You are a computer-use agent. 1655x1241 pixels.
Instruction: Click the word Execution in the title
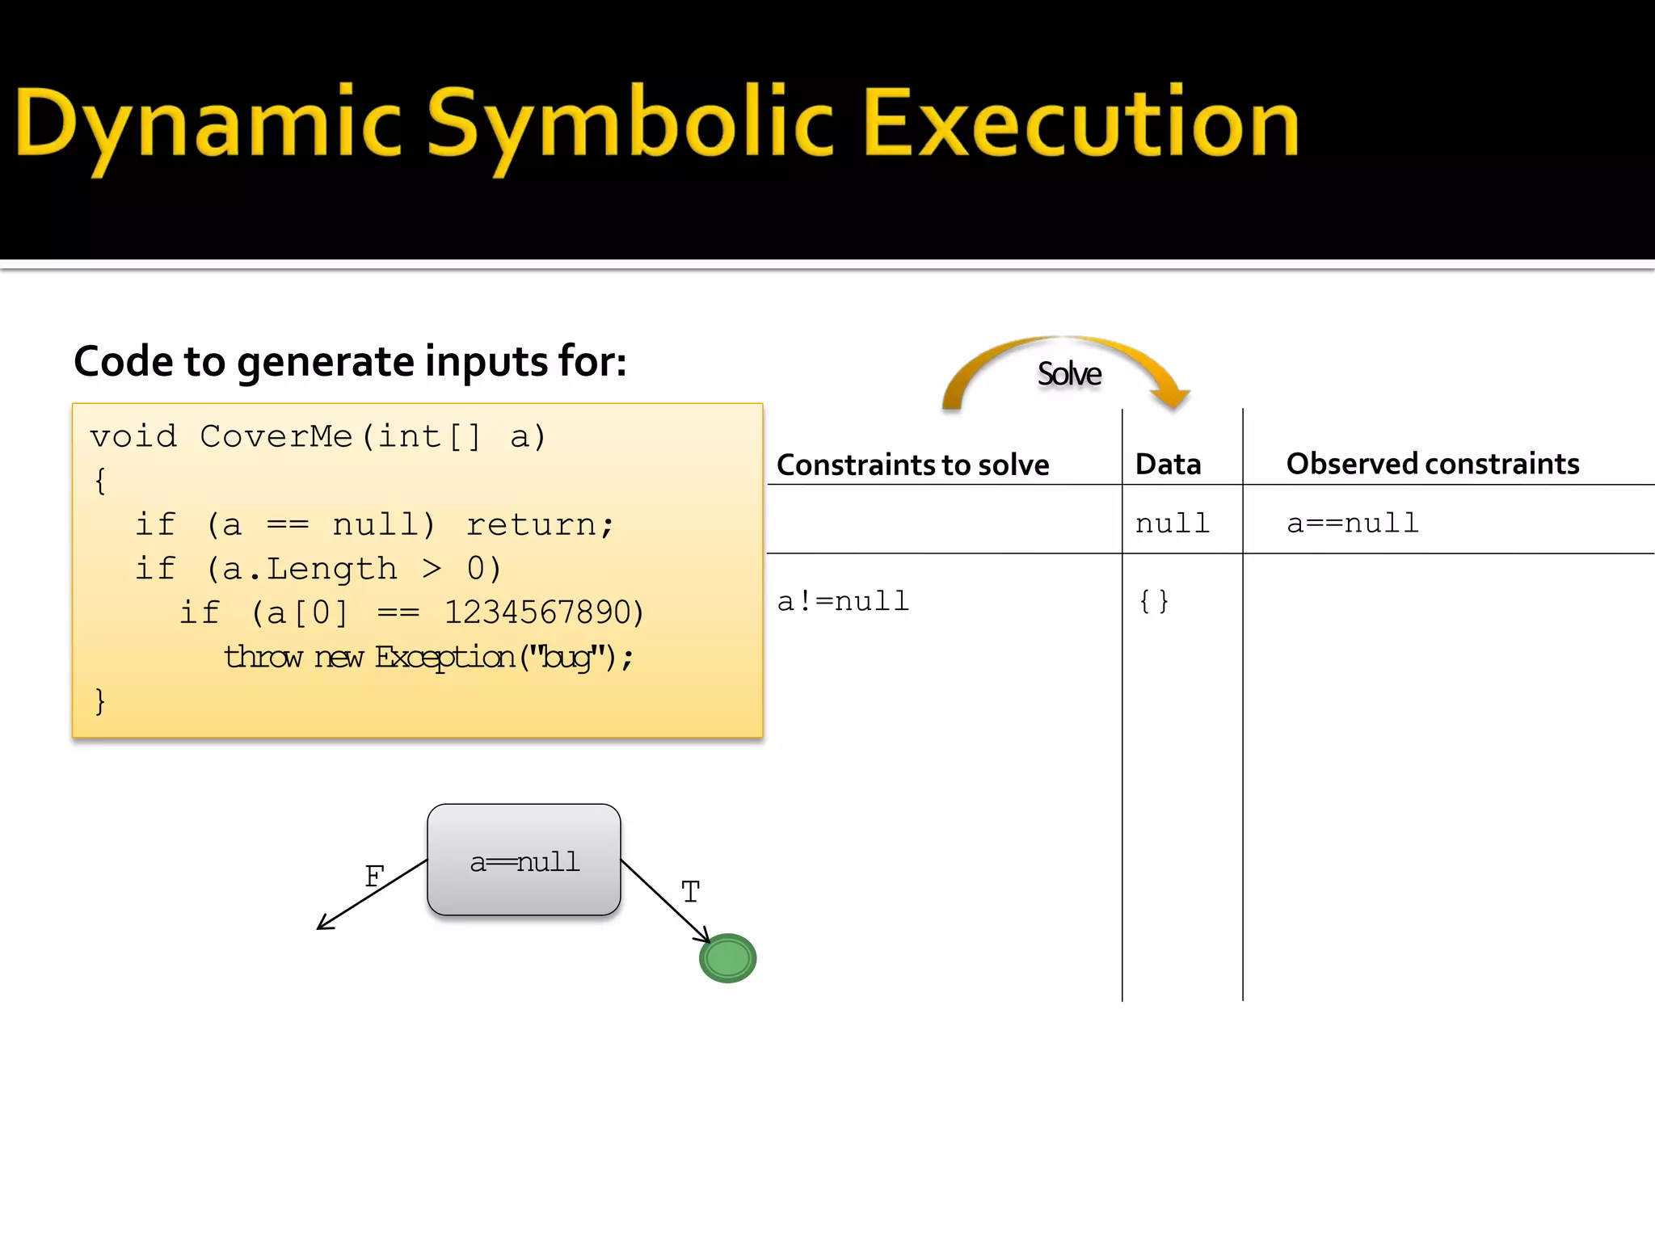(1080, 123)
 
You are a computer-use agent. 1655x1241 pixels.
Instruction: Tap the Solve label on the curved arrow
(1068, 374)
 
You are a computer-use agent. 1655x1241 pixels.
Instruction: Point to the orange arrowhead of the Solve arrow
(1170, 395)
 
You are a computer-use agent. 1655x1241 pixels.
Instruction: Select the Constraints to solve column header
(912, 465)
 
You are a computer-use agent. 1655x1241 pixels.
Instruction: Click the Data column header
(1168, 465)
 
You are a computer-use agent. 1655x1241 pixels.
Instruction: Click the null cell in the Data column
(1172, 524)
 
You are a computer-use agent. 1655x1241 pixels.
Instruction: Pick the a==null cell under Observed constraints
(1352, 523)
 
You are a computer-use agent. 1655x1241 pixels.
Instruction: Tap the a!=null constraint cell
(843, 601)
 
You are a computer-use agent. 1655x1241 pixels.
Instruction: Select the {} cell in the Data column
(1153, 600)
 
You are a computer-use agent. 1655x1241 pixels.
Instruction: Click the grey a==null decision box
(524, 860)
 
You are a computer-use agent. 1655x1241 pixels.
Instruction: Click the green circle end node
(727, 958)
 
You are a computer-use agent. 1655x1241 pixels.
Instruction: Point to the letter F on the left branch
(374, 877)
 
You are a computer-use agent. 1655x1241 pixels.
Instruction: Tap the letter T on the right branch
(689, 892)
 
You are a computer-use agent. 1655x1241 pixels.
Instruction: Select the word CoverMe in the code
(276, 436)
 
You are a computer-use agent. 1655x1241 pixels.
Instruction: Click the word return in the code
(532, 524)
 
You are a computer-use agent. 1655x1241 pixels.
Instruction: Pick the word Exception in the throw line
(444, 657)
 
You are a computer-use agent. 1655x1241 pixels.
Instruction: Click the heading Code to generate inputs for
(350, 361)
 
